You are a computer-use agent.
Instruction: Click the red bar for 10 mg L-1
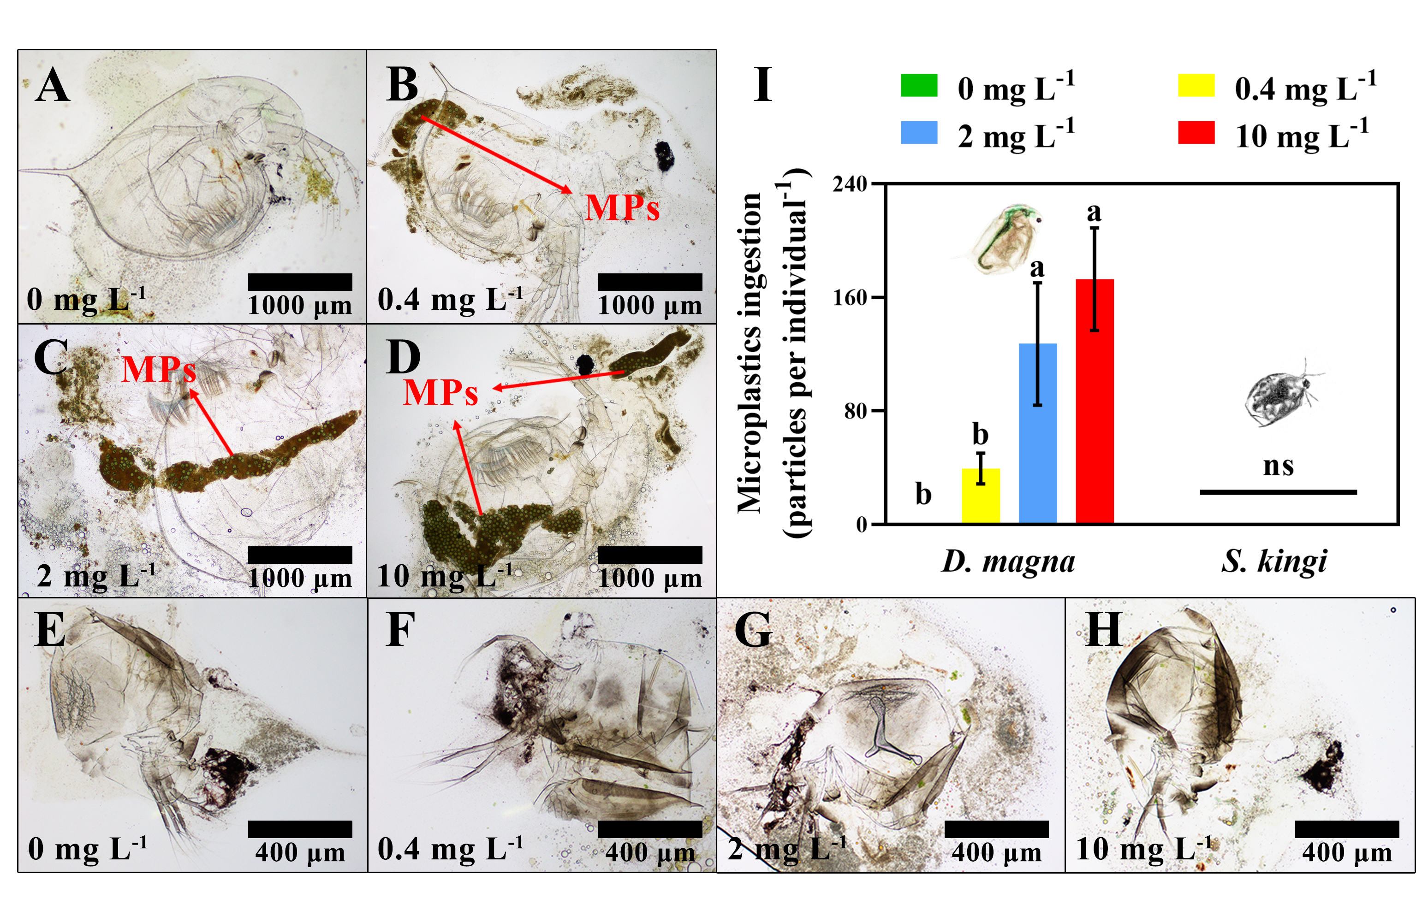click(x=1095, y=401)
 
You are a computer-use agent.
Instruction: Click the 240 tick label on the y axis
click(x=850, y=184)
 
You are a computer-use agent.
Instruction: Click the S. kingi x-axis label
click(x=1274, y=561)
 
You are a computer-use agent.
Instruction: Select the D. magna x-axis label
click(x=1008, y=561)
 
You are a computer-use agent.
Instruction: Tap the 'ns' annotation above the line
click(x=1278, y=466)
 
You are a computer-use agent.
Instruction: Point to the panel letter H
click(x=1103, y=630)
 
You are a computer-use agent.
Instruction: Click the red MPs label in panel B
click(x=622, y=208)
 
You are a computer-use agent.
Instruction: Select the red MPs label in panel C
click(x=159, y=369)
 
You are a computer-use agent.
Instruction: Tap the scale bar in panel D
click(x=650, y=555)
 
